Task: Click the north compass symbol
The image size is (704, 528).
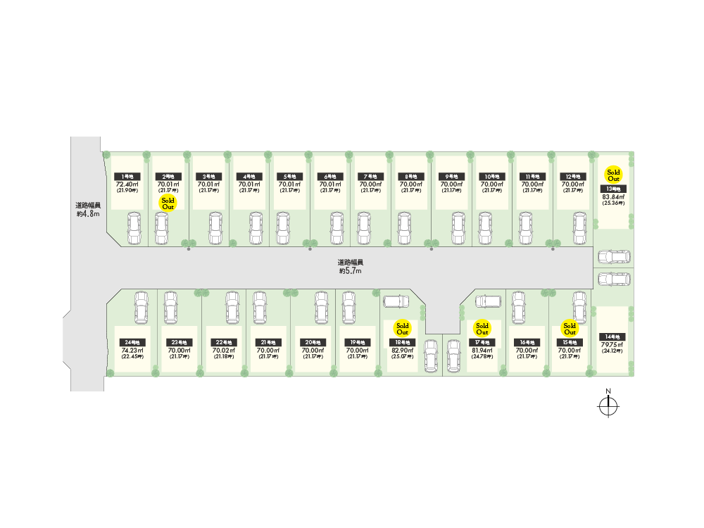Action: (x=608, y=406)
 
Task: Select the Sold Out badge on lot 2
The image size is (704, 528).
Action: (x=168, y=203)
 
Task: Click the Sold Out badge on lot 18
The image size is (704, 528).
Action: (x=402, y=328)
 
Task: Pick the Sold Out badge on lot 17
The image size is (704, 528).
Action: (x=482, y=328)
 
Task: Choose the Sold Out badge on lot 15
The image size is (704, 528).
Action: (x=570, y=328)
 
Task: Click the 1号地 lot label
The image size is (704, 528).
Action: (x=128, y=176)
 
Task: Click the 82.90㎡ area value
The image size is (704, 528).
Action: (x=402, y=351)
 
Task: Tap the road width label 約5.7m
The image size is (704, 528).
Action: (x=350, y=267)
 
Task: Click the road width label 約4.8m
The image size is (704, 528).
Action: (x=89, y=210)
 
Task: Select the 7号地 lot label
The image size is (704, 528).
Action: (x=369, y=176)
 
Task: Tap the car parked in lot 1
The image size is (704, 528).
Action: (x=134, y=228)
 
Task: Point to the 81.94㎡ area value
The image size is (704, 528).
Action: (x=482, y=351)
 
